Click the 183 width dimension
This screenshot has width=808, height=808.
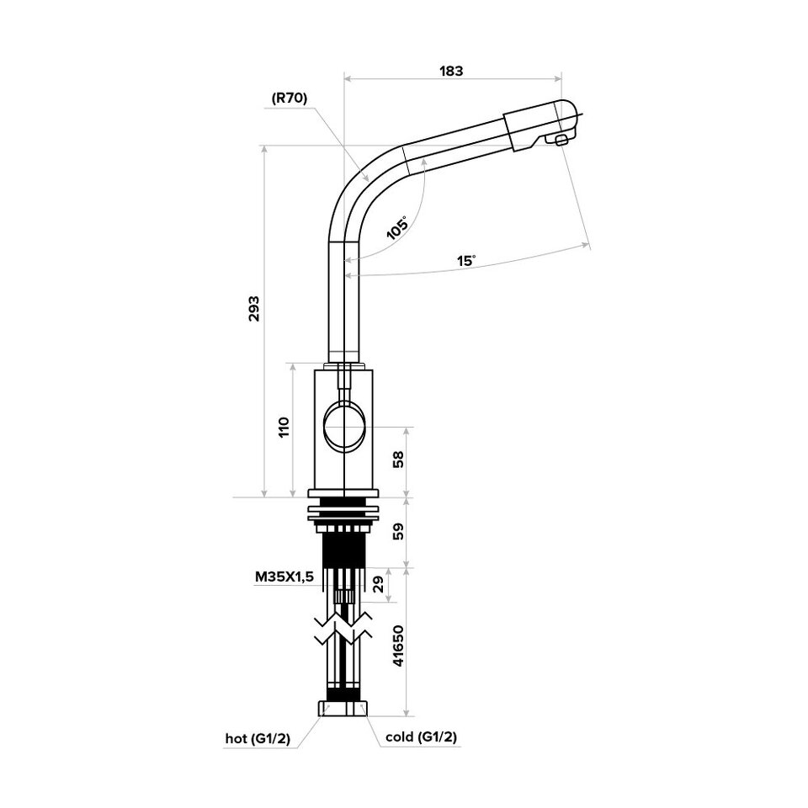click(x=452, y=72)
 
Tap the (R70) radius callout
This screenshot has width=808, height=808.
click(x=290, y=98)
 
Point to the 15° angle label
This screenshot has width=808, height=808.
click(x=466, y=260)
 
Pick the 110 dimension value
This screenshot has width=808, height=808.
click(x=284, y=427)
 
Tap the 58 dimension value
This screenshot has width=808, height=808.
click(x=399, y=460)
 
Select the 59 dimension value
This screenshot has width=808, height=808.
click(x=399, y=531)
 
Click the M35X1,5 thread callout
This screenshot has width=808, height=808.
click(x=284, y=578)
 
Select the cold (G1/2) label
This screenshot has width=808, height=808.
click(x=421, y=738)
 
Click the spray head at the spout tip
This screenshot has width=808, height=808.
click(x=539, y=121)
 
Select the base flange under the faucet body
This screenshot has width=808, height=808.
click(x=345, y=496)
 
